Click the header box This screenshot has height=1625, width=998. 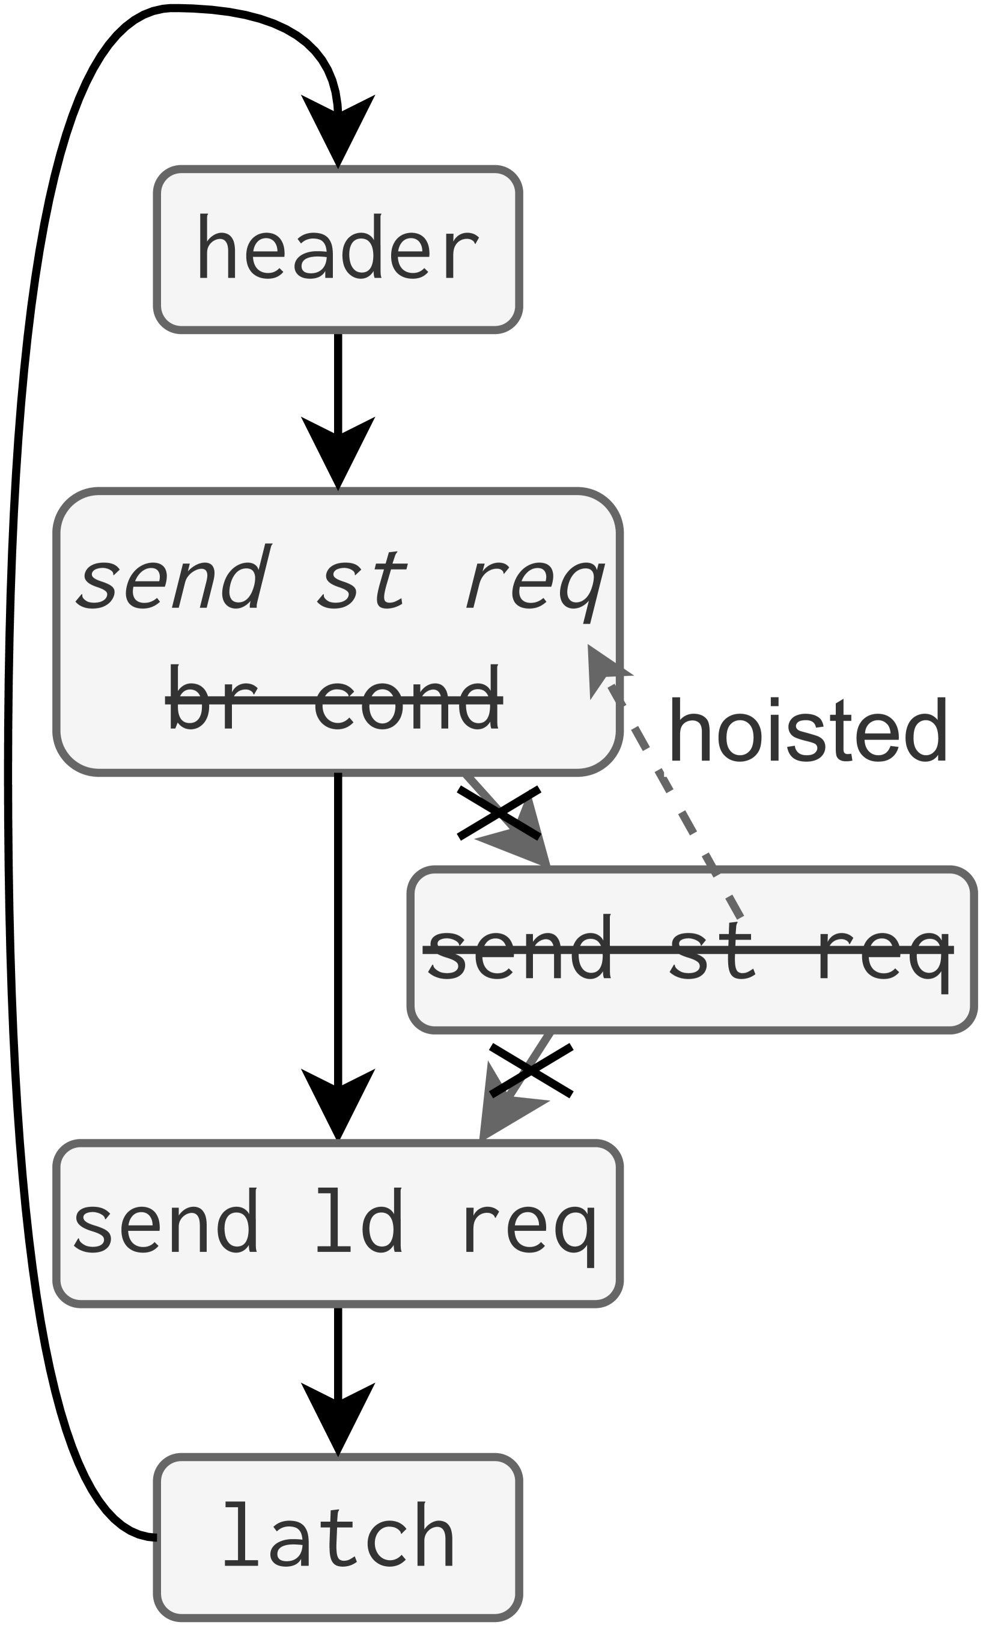point(337,249)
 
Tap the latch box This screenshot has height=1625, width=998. point(337,1538)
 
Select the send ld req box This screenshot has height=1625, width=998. point(337,1223)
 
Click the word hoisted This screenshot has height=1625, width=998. point(808,730)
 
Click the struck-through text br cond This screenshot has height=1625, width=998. point(334,698)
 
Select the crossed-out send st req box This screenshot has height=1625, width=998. point(691,950)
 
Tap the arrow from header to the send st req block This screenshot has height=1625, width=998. point(337,409)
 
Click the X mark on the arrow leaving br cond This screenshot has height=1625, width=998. point(499,813)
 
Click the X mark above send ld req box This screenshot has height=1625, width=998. point(531,1071)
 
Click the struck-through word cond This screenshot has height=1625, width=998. point(408,698)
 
